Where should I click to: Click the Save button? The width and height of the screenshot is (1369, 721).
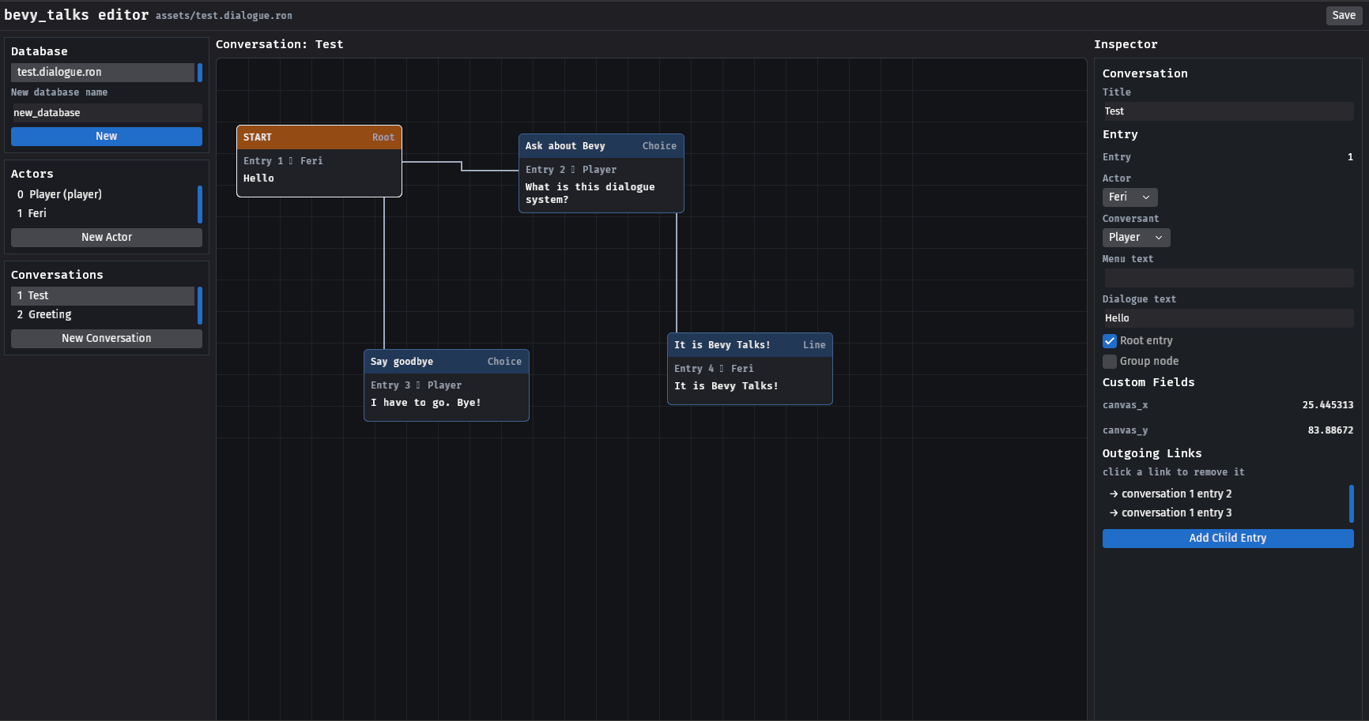point(1344,15)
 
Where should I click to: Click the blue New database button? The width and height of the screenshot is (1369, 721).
point(107,137)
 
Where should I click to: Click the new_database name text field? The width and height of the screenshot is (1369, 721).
point(107,113)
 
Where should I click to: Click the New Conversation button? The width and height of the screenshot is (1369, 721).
point(107,338)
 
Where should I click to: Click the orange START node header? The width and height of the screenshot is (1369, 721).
point(319,137)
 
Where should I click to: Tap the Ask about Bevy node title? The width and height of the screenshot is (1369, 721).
point(565,146)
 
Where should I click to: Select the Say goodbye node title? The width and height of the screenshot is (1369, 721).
point(402,362)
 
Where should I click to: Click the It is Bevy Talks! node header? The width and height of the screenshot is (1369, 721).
point(750,345)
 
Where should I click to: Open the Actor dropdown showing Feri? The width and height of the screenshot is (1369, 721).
point(1130,197)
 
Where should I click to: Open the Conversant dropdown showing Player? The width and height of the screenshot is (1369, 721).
point(1137,238)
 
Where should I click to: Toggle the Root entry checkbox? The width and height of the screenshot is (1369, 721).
point(1110,341)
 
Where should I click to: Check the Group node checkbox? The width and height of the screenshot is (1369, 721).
point(1110,362)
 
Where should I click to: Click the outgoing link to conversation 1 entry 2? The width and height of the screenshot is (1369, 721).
point(1171,494)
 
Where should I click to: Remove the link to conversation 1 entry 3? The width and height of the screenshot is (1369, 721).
point(1171,513)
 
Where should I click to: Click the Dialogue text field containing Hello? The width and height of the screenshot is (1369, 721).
point(1228,318)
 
